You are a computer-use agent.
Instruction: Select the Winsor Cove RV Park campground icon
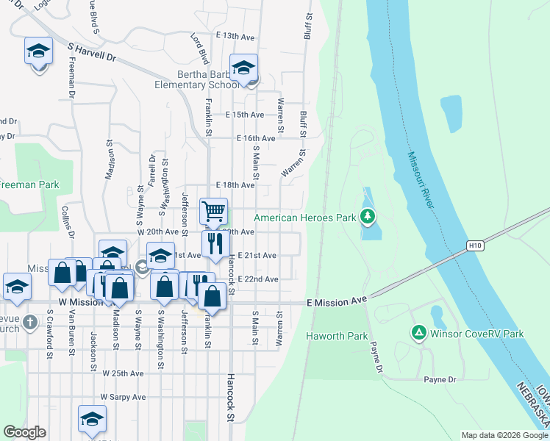pos(418,333)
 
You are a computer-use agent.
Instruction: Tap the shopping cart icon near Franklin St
pos(213,212)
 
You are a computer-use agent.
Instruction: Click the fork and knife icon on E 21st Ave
pos(215,243)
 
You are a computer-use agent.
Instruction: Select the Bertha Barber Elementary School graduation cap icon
pos(243,68)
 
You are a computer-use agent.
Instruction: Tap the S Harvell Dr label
pos(92,51)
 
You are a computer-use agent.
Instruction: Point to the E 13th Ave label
pos(235,35)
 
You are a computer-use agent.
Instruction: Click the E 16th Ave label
pos(256,138)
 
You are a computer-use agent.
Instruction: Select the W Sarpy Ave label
pos(124,396)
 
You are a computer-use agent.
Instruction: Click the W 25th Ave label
pos(123,373)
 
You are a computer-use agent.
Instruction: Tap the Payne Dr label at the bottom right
pos(440,379)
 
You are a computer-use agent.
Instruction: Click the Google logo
pos(24,432)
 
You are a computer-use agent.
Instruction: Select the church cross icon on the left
pos(30,322)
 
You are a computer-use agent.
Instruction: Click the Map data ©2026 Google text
pos(503,435)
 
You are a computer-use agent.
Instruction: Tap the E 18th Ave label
pos(235,185)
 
